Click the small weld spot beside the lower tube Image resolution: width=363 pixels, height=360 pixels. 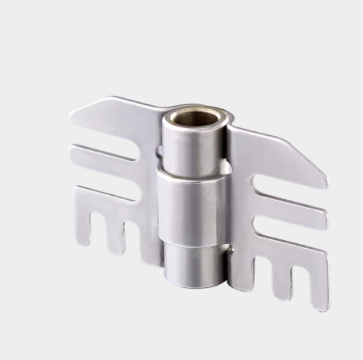(231, 251)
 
